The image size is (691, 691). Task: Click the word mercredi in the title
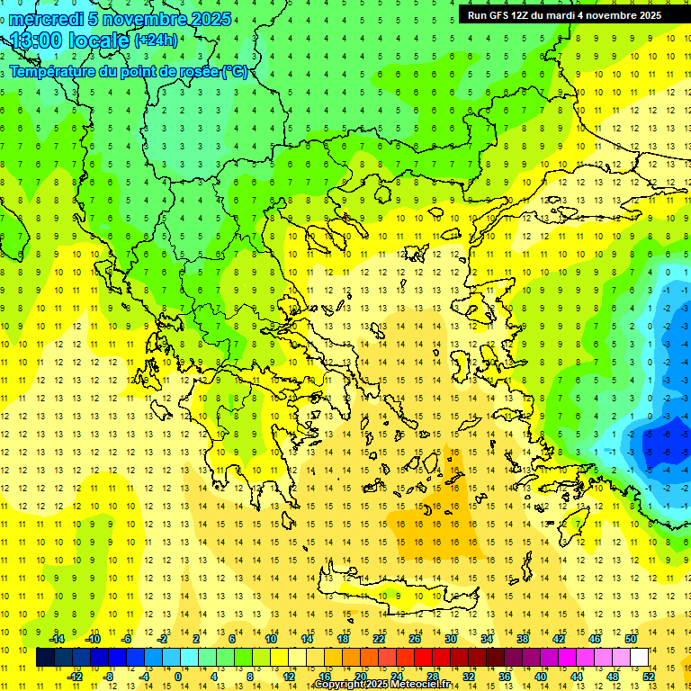point(45,19)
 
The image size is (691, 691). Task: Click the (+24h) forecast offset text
point(156,40)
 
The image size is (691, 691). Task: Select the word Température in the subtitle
point(49,72)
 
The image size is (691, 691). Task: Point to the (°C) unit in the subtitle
point(235,72)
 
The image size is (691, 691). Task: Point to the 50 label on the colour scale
point(630,639)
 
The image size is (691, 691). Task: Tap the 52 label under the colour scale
point(648,677)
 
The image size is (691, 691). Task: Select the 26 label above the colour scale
point(415,639)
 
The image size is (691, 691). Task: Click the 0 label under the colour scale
point(178,677)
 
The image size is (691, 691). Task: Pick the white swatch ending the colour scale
point(639,658)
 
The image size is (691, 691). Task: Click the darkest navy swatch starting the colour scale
point(45,658)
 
